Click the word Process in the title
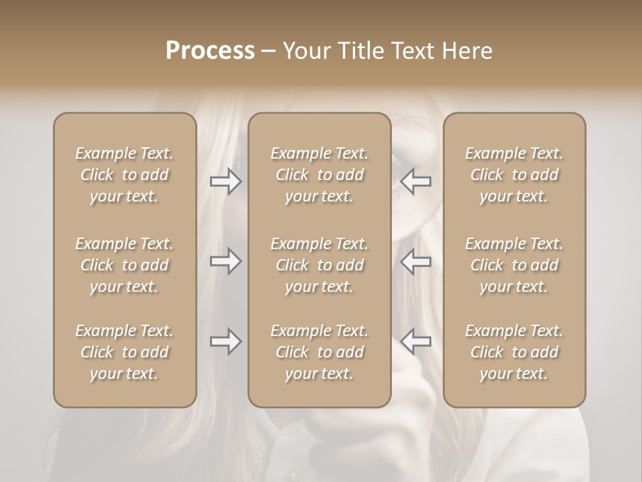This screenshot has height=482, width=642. point(210,51)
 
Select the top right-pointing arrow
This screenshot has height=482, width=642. point(226,181)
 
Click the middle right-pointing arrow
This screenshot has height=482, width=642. point(226,261)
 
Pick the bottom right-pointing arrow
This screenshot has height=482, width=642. point(226,341)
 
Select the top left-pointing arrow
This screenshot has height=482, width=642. point(416,181)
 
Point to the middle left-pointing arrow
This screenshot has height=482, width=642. point(416,261)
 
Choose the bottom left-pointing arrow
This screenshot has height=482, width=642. point(416,341)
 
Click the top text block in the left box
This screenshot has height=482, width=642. point(124,175)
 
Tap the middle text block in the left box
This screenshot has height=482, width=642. point(124,265)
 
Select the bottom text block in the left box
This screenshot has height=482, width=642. point(124,352)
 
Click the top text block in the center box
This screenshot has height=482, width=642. point(320,175)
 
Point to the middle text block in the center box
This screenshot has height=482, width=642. point(320,265)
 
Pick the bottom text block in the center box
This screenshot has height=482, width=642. point(320,352)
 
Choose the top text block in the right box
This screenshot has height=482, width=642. point(514,175)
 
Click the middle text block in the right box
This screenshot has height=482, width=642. point(514,265)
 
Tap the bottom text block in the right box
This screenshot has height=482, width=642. point(514,352)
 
